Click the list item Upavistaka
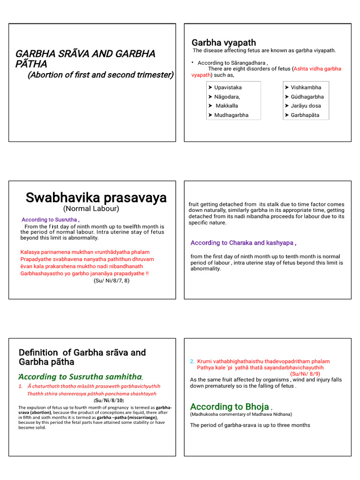228,88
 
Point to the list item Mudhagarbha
231,115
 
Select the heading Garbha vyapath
224,43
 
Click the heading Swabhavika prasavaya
96,198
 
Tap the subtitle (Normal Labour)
91,209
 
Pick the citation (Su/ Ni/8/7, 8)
112,281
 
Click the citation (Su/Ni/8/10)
109,401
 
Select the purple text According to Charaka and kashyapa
243,243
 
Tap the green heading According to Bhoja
229,407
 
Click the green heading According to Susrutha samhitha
80,376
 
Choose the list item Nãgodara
227,97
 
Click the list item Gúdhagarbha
307,97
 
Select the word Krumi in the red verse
204,361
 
